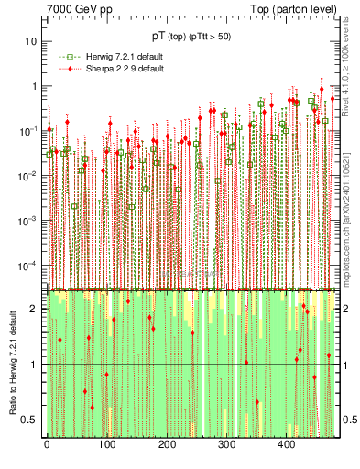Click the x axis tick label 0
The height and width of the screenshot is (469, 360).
coord(47,443)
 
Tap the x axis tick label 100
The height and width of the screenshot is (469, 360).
coord(106,443)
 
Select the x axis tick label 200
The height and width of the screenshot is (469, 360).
coord(167,443)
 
